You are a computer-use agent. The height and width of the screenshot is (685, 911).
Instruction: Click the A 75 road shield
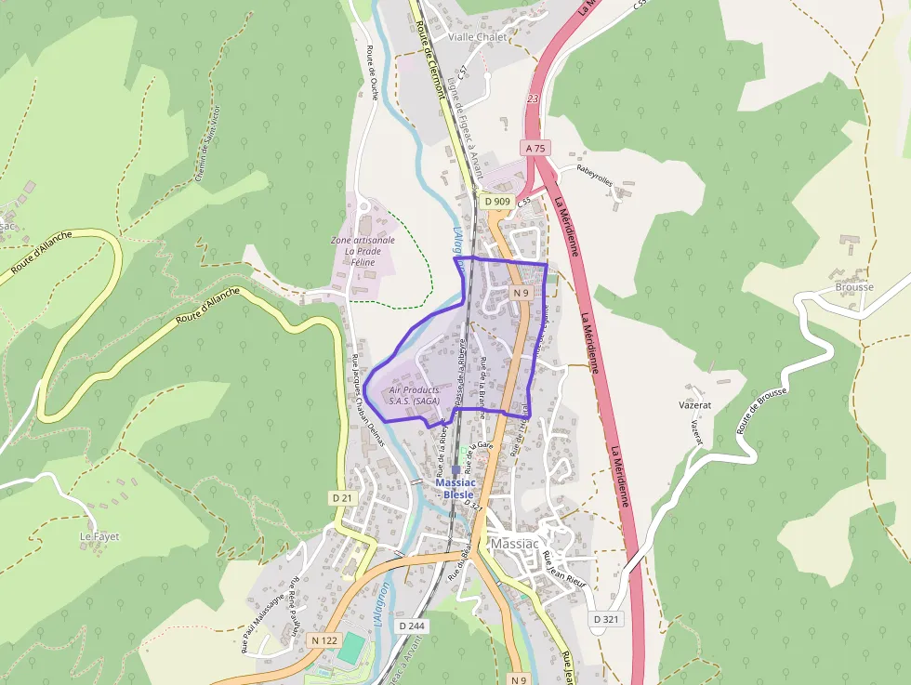pos(535,148)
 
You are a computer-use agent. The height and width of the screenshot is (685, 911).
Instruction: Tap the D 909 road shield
pos(497,202)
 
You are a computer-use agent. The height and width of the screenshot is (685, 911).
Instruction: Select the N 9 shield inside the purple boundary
pos(521,294)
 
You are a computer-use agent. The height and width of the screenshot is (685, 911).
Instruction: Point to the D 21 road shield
pos(342,498)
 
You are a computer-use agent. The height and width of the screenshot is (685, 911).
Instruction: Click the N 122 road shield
pos(324,640)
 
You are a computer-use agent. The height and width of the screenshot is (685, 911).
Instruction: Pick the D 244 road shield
pos(412,626)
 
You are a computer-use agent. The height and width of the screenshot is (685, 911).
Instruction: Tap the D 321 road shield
pos(606,619)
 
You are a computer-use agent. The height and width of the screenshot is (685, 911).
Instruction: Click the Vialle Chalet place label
pos(478,37)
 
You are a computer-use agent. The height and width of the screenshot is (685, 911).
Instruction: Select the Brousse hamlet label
pos(853,287)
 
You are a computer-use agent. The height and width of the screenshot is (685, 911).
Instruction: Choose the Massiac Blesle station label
pos(455,489)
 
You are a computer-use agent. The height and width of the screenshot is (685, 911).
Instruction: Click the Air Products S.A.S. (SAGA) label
pos(415,395)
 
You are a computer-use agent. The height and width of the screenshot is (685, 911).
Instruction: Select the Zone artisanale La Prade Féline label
pos(363,251)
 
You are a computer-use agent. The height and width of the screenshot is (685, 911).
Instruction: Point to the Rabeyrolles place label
pos(595,175)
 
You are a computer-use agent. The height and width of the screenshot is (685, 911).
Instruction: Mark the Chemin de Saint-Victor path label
pos(209,144)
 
